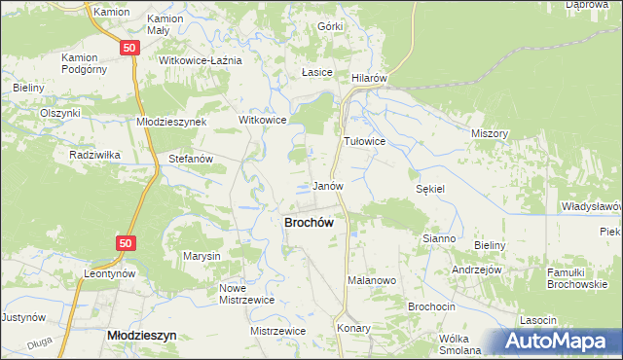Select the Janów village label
[328, 185]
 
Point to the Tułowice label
[365, 141]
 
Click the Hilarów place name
[370, 77]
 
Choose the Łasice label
[317, 73]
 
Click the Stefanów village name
[190, 158]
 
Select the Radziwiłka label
[93, 155]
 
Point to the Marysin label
[202, 256]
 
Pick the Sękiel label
[429, 189]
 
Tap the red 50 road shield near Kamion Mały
[130, 47]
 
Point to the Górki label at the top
[330, 26]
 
